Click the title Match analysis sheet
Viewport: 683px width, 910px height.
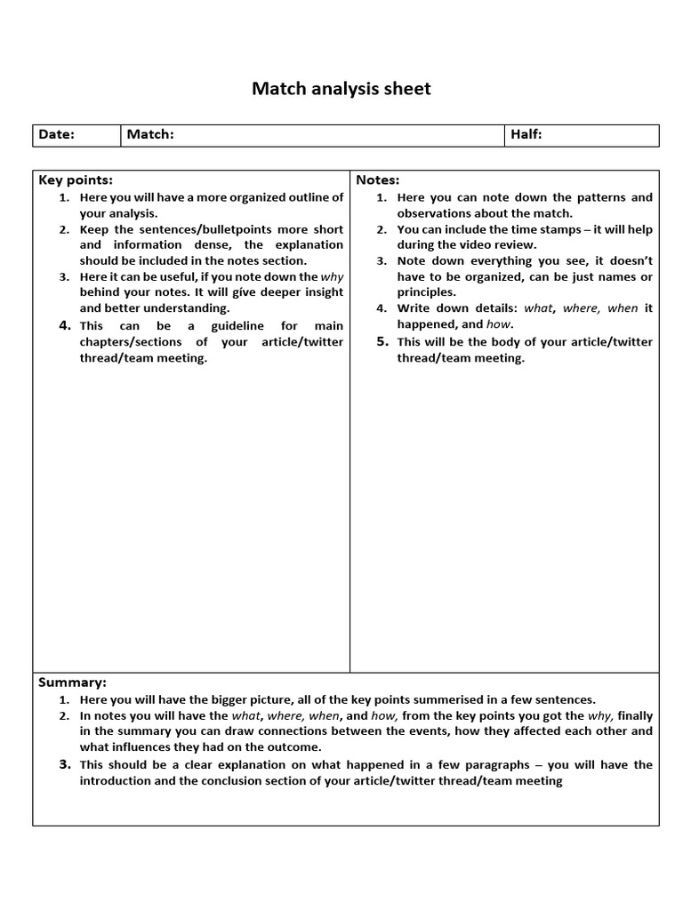(x=341, y=88)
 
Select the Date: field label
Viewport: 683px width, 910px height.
(x=56, y=134)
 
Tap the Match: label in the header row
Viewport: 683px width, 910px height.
(x=149, y=134)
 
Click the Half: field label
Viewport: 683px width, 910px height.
(x=526, y=134)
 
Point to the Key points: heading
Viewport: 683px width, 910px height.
(x=76, y=180)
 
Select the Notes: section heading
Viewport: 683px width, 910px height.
(x=378, y=180)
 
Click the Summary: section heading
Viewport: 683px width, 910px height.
(x=72, y=682)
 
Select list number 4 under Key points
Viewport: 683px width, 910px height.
(x=65, y=325)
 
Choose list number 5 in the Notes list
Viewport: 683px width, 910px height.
(x=382, y=341)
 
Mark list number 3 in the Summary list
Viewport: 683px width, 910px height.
(x=65, y=764)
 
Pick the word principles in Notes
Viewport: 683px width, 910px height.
(x=426, y=292)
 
